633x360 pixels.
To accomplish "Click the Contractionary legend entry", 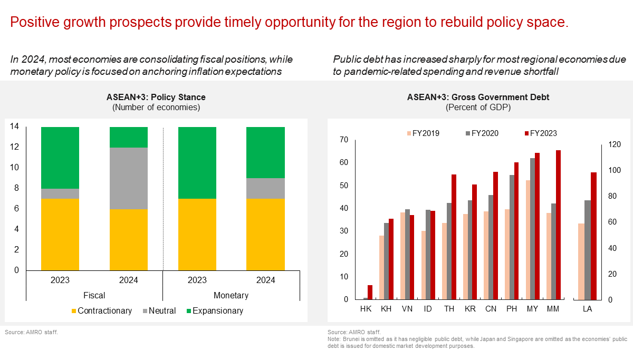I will (x=101, y=311).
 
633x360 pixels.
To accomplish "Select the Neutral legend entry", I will (x=159, y=311).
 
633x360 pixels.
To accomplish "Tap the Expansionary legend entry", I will (x=213, y=311).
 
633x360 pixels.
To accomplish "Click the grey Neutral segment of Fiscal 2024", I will (x=129, y=178).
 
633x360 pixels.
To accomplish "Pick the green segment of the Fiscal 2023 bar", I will (x=60, y=158).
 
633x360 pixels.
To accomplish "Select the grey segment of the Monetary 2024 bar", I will (x=265, y=188).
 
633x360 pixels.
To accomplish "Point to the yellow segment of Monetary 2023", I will (x=197, y=235).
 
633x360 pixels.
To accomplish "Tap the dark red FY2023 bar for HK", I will (x=370, y=292).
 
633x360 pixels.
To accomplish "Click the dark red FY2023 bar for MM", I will (x=558, y=225).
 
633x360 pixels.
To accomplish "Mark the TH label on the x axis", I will (x=448, y=308).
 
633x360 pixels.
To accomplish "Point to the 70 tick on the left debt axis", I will (x=344, y=140).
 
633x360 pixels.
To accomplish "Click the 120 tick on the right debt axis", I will (x=611, y=144).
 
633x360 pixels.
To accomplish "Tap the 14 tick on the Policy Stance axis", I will (x=15, y=127).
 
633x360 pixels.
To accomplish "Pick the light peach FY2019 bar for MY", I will (x=528, y=240).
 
